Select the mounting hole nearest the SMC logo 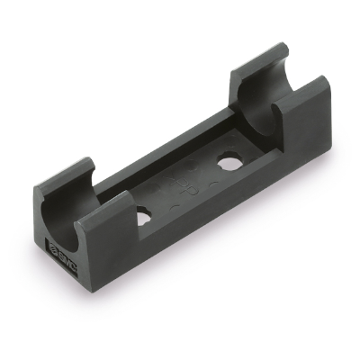[x=145, y=218]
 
